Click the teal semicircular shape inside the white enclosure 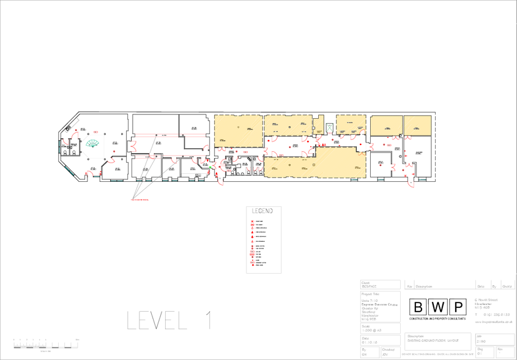point(93,143)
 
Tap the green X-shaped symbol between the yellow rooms point(330,127)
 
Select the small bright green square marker point(210,165)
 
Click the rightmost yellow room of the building point(417,125)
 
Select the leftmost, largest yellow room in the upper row point(238,130)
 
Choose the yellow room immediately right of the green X point(351,124)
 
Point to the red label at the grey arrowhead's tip point(140,200)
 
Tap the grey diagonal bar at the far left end point(73,125)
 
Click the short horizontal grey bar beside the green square point(195,173)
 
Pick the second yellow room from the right point(386,125)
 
